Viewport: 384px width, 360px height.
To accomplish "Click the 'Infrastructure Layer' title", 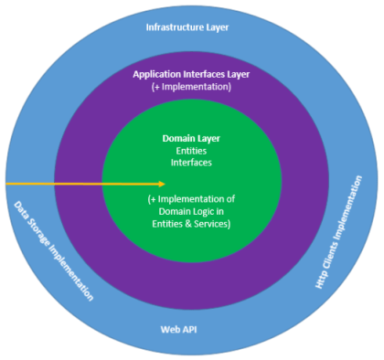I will click(x=187, y=26).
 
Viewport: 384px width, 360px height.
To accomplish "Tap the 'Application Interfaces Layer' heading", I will click(x=191, y=73).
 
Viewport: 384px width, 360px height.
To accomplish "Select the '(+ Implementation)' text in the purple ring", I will click(x=191, y=86).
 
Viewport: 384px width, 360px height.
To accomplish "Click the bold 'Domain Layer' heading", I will click(x=191, y=138).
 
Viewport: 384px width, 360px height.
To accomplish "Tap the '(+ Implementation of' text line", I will click(x=191, y=199).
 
